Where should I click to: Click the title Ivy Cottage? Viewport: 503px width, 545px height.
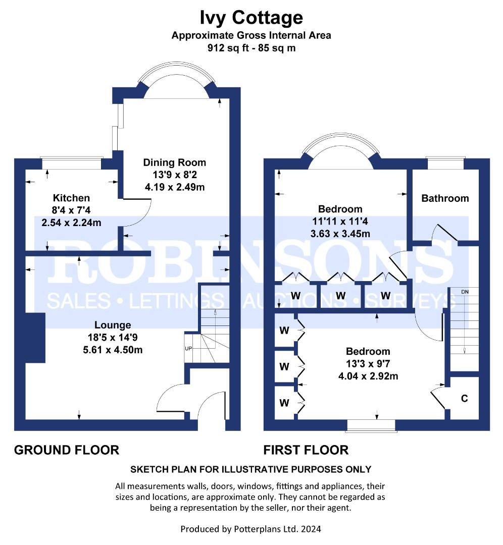click(x=251, y=18)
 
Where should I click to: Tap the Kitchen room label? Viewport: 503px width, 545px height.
click(x=71, y=198)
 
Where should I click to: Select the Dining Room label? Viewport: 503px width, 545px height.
click(x=175, y=162)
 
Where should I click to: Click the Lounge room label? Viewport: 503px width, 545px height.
click(x=113, y=325)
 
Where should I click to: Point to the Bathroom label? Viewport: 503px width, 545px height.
click(x=445, y=198)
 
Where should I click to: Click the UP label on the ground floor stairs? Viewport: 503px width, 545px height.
click(x=188, y=348)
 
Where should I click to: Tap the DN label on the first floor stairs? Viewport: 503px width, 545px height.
click(x=465, y=292)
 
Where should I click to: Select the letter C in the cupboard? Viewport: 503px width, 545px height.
click(x=465, y=398)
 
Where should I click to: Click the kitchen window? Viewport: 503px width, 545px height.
click(x=72, y=163)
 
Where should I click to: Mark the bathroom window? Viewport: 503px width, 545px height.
click(x=445, y=163)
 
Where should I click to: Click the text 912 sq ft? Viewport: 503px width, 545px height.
click(x=228, y=47)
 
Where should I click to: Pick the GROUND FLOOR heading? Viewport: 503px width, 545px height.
click(x=67, y=450)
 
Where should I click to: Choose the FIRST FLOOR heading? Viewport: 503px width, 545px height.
click(x=306, y=450)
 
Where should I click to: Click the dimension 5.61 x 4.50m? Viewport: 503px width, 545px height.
click(x=113, y=350)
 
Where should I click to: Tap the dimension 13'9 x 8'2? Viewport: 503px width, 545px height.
click(x=175, y=175)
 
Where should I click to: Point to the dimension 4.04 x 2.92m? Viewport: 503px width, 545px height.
click(x=368, y=376)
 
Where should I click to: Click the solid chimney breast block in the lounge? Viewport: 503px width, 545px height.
click(x=35, y=338)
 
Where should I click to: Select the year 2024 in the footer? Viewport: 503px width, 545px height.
click(x=311, y=529)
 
